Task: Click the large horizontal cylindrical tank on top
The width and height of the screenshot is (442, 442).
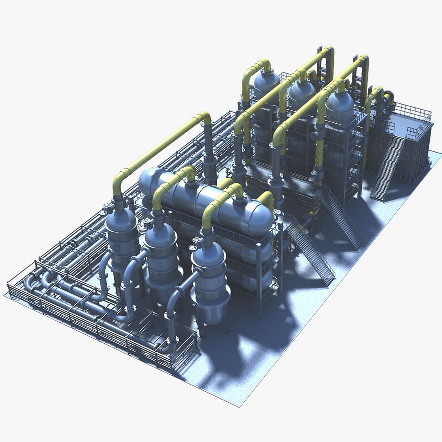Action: coord(205,201)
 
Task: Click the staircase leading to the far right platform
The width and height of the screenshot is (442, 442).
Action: coord(387,168)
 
